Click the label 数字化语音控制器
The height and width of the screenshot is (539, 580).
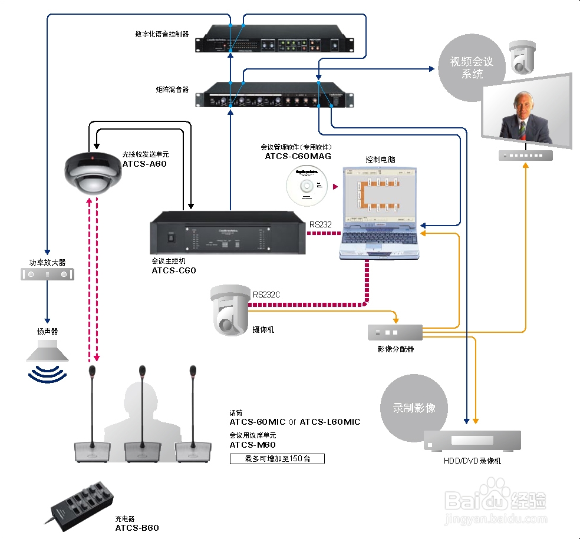[162, 34]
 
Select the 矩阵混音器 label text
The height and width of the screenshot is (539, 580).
[172, 90]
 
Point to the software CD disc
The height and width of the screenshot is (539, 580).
[306, 186]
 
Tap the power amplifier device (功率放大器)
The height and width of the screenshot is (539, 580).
[48, 274]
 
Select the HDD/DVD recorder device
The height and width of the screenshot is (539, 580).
[472, 441]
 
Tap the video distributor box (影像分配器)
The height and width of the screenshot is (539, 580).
[395, 333]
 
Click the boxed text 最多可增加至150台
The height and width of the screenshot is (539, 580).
[277, 458]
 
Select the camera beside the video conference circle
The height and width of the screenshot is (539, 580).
[522, 57]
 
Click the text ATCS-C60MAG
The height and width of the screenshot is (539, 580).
[298, 156]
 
